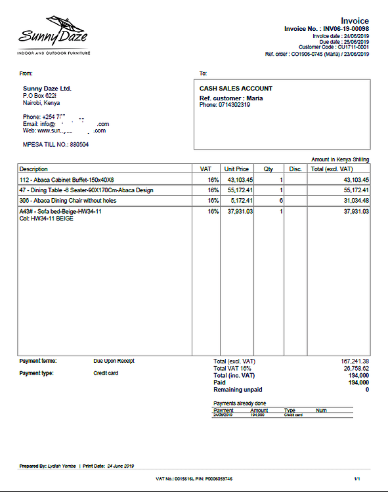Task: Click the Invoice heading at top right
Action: (355, 21)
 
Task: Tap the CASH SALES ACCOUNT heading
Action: (236, 89)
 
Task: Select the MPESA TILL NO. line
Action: (55, 144)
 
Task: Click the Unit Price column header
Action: (236, 169)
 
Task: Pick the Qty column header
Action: (269, 169)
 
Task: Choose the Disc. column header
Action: (295, 169)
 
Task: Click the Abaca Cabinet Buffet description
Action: (66, 180)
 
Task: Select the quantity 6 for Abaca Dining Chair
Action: (280, 200)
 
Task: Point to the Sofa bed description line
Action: (60, 212)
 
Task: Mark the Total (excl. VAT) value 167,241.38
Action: (355, 361)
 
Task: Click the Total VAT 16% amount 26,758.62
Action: (356, 369)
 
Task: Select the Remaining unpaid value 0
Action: (366, 390)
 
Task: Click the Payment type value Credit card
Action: (106, 373)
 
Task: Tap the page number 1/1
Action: (357, 480)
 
